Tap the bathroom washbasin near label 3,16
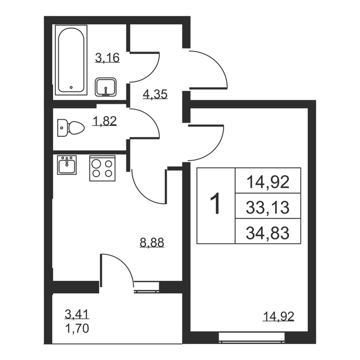tap(106, 87)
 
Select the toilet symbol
tap(72, 127)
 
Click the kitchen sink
tap(67, 165)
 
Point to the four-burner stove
tap(102, 168)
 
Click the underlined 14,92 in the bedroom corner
tap(279, 316)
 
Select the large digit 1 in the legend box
tap(216, 205)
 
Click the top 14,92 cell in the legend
tap(267, 183)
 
